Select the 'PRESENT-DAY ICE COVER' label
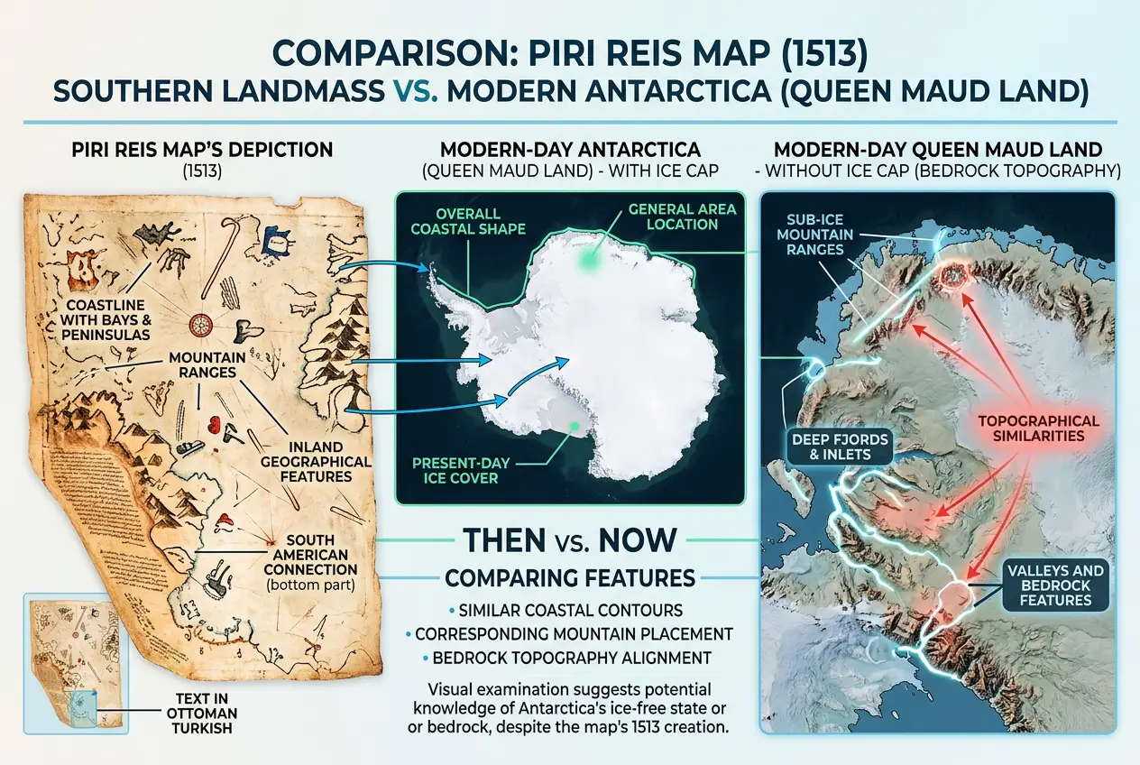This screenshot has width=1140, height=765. pyautogui.click(x=461, y=470)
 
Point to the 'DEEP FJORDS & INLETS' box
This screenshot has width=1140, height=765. pyautogui.click(x=841, y=446)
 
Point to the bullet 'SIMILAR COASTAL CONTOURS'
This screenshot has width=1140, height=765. pyautogui.click(x=569, y=610)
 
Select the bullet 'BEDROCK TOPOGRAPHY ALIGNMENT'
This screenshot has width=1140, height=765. pyautogui.click(x=569, y=658)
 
